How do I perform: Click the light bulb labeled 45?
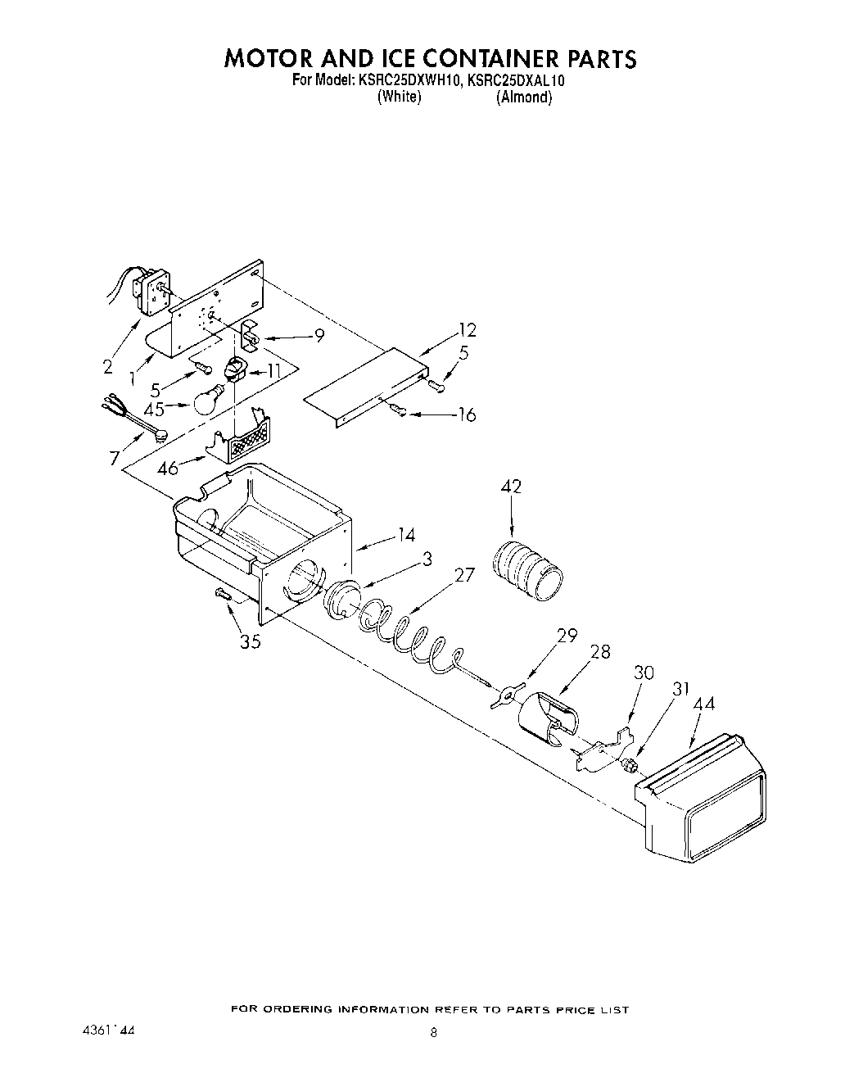pyautogui.click(x=206, y=400)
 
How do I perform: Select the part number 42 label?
pyautogui.click(x=511, y=487)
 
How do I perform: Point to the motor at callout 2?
pyautogui.click(x=150, y=292)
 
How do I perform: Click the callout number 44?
pyautogui.click(x=703, y=703)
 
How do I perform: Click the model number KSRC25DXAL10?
pyautogui.click(x=517, y=81)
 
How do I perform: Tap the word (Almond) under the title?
pyautogui.click(x=524, y=97)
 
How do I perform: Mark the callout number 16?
pyautogui.click(x=466, y=414)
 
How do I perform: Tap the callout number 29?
pyautogui.click(x=567, y=636)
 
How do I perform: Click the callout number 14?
pyautogui.click(x=406, y=536)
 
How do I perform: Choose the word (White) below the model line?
pyautogui.click(x=399, y=97)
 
